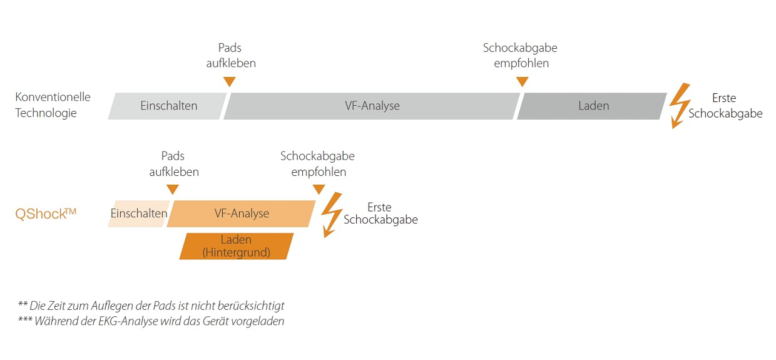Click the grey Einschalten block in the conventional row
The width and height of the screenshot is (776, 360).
click(x=167, y=106)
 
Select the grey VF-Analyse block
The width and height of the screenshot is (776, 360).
click(x=372, y=106)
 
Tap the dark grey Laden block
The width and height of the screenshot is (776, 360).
click(x=592, y=106)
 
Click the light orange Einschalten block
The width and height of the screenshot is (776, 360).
click(x=139, y=213)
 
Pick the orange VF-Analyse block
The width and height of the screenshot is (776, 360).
click(x=241, y=213)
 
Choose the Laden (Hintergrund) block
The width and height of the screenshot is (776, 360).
click(x=237, y=246)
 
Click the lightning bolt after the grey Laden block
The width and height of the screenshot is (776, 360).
click(x=680, y=106)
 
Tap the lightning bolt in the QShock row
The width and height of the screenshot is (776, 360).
click(x=332, y=215)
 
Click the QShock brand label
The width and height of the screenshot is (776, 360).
click(x=46, y=213)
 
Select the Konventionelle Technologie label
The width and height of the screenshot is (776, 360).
click(x=53, y=105)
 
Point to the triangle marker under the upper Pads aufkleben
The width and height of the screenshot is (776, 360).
click(x=229, y=82)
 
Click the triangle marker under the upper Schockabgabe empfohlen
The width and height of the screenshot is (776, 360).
click(x=522, y=82)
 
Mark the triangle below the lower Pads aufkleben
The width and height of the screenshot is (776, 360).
click(x=173, y=190)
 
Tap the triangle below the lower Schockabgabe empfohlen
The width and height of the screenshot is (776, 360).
click(x=319, y=190)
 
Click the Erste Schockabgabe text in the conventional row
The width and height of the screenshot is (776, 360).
click(x=725, y=106)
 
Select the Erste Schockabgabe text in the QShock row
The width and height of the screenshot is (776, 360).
click(x=380, y=213)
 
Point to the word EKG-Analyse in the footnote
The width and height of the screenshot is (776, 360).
click(x=128, y=321)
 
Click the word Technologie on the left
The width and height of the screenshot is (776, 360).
click(x=46, y=113)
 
